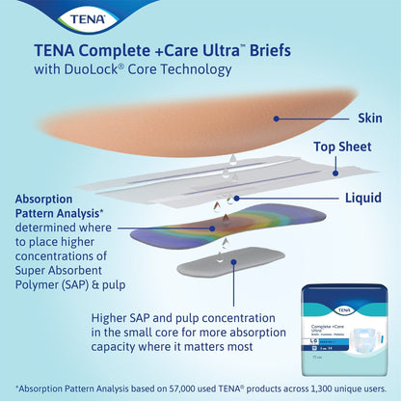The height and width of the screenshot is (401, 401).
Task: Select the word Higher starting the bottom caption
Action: point(113,317)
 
